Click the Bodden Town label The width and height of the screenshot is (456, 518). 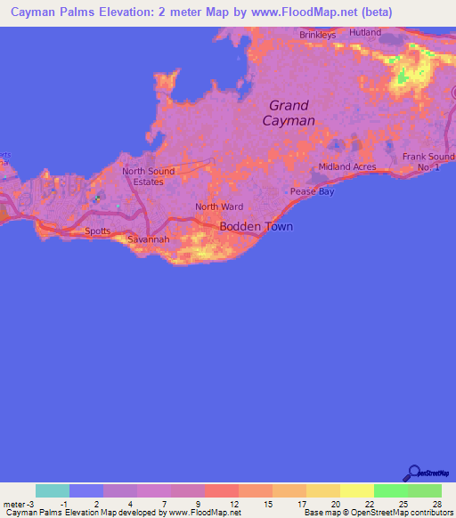(x=256, y=226)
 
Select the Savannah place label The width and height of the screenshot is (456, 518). (x=148, y=239)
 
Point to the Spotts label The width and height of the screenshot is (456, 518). (x=98, y=231)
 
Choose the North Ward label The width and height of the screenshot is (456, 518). (x=218, y=207)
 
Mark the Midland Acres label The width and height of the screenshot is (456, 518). (x=346, y=166)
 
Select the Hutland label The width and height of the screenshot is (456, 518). (x=365, y=33)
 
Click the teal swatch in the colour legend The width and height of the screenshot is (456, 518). (x=53, y=490)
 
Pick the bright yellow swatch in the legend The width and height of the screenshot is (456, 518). (x=356, y=490)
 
